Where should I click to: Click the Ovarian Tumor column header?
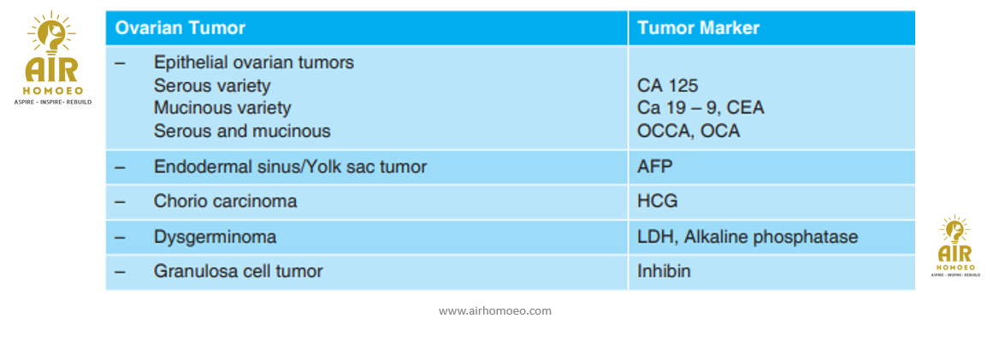(180, 28)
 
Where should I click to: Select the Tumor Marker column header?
(698, 28)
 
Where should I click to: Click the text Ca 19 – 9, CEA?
(700, 109)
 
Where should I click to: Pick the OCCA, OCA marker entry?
(689, 131)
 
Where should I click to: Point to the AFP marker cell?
(655, 167)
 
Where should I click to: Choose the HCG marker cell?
(658, 202)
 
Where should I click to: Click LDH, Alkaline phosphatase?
(748, 238)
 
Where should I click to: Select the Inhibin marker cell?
(665, 271)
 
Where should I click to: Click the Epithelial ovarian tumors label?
(254, 63)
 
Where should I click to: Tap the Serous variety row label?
(212, 86)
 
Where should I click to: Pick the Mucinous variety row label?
(222, 109)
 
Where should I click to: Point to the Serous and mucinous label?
(242, 131)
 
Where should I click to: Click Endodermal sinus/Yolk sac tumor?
(291, 167)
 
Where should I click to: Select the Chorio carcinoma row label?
(226, 202)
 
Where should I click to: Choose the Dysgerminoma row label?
(216, 238)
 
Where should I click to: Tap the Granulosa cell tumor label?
(239, 271)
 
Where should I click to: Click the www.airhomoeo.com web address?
(495, 311)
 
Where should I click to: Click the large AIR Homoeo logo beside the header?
(52, 59)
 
